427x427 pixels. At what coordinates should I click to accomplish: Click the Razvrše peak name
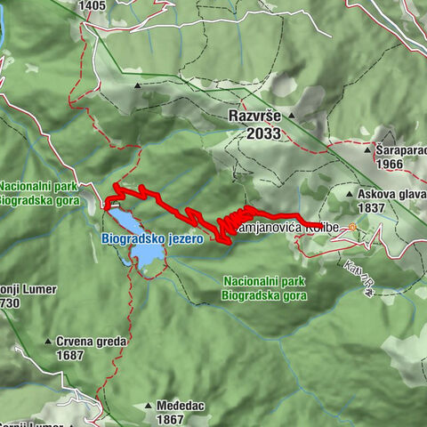click(x=254, y=117)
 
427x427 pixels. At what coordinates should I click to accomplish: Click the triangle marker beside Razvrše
click(x=293, y=117)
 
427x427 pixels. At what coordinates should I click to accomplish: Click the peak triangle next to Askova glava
click(x=350, y=193)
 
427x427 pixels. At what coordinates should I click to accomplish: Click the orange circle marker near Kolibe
click(x=352, y=228)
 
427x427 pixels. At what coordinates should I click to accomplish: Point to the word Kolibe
click(x=324, y=228)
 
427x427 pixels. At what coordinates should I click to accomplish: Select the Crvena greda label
click(x=92, y=341)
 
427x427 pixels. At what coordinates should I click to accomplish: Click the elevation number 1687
click(x=77, y=354)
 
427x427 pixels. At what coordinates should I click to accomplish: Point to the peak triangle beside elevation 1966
click(x=368, y=151)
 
